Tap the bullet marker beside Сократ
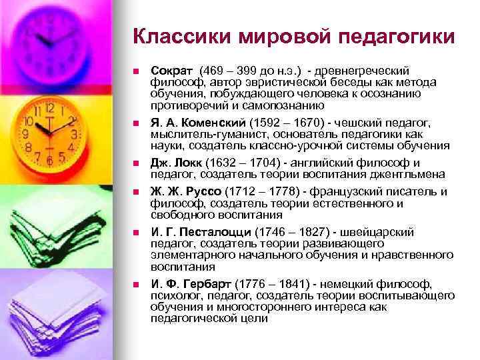coord(135,71)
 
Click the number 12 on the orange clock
coord(49,107)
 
